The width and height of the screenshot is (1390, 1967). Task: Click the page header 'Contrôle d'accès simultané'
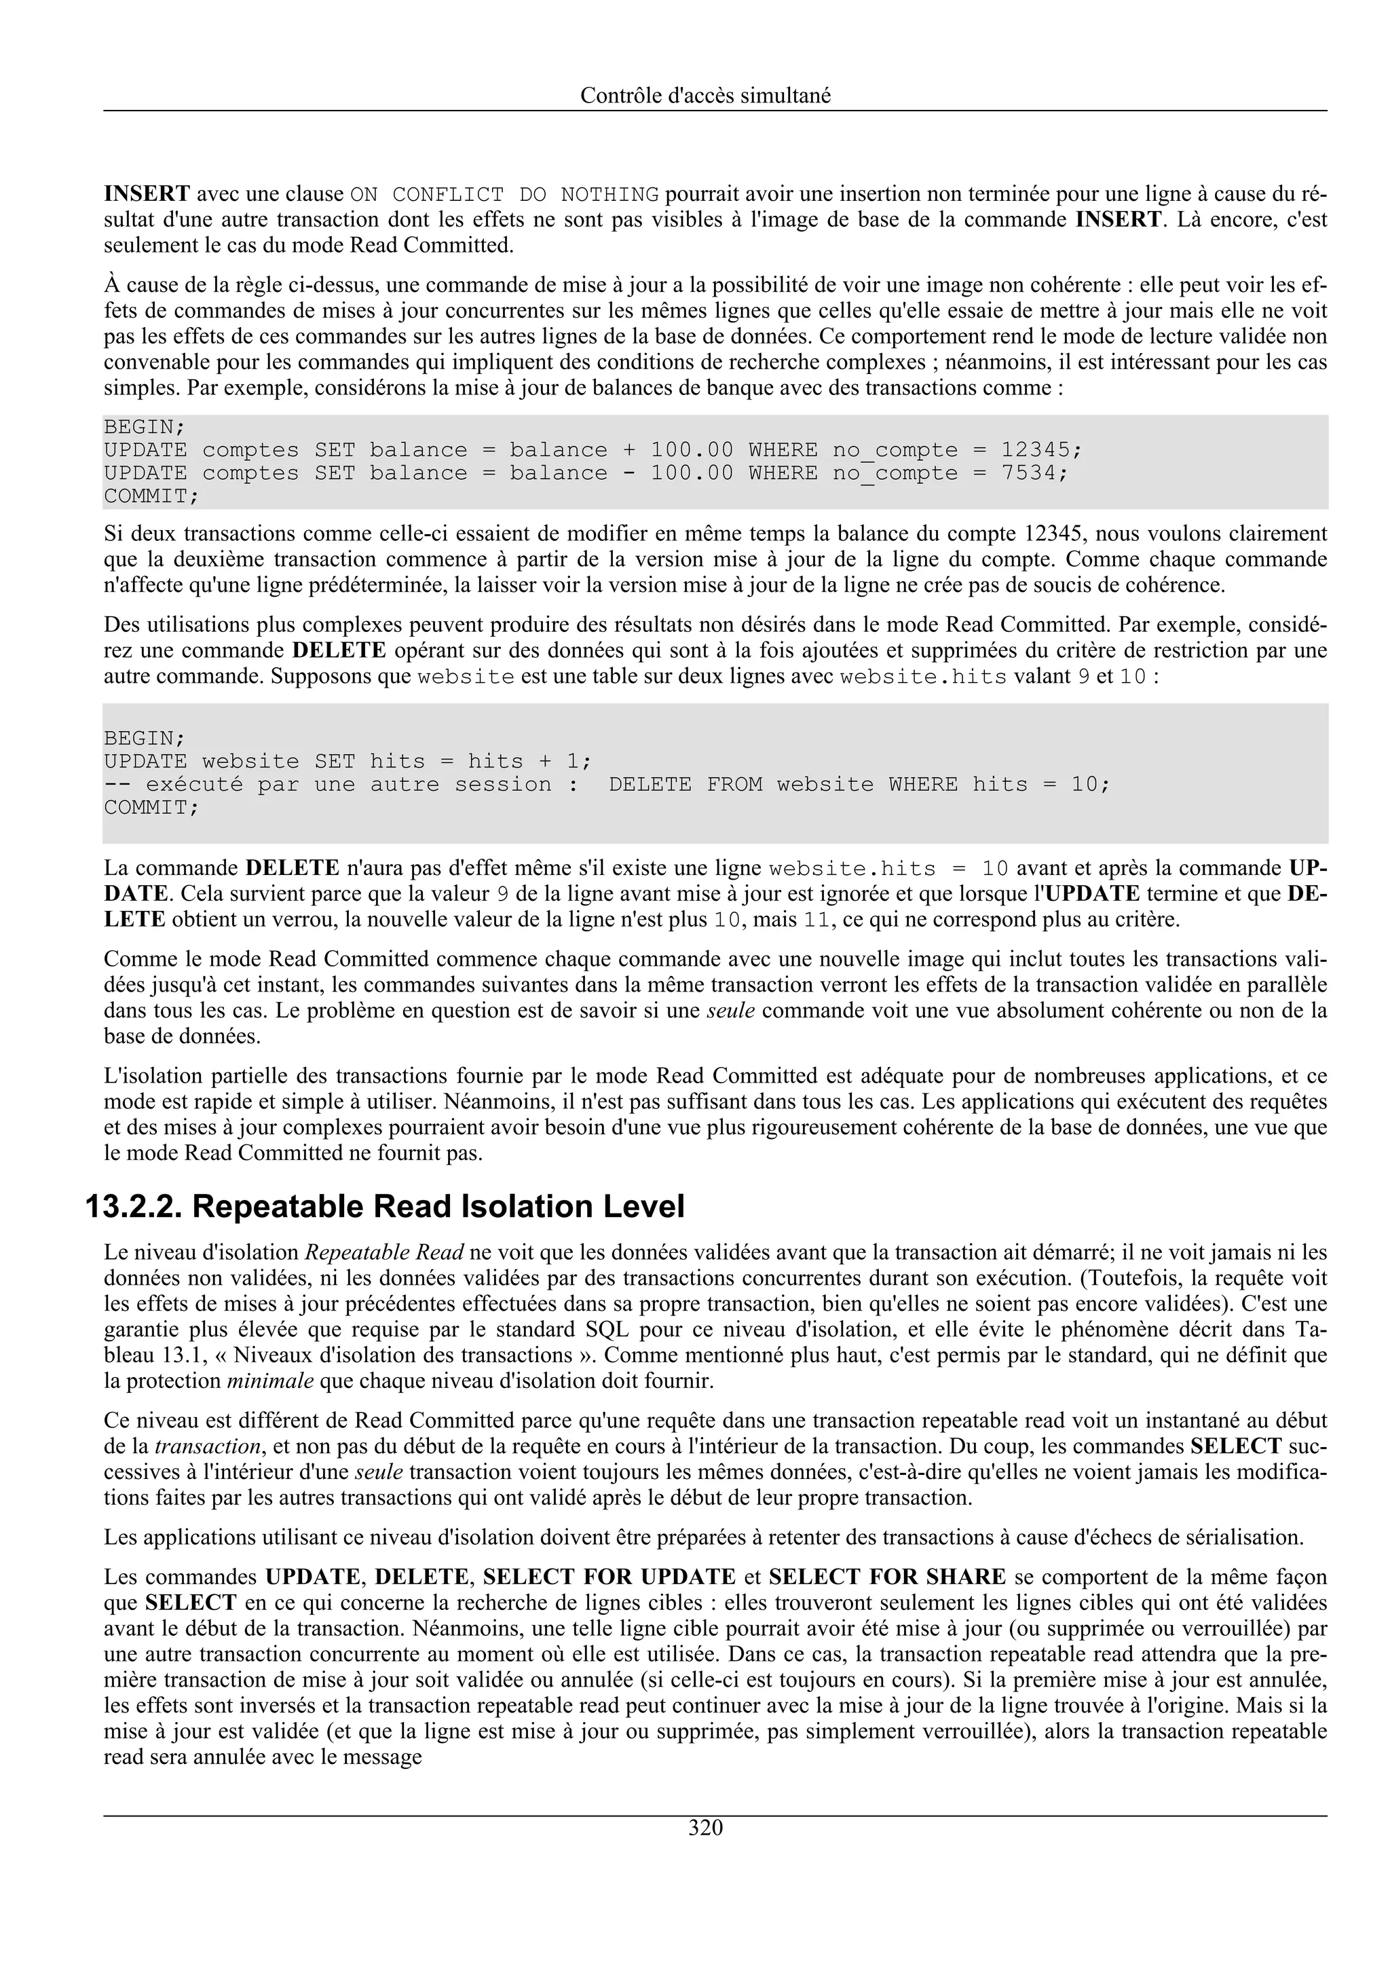705,96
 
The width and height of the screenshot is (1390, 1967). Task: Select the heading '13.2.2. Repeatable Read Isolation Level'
385,1207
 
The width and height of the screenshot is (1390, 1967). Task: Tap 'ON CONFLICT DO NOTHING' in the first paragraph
504,195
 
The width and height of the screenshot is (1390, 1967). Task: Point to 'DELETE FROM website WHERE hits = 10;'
859,785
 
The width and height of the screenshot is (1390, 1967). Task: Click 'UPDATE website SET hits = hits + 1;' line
347,762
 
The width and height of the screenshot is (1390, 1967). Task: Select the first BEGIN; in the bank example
145,427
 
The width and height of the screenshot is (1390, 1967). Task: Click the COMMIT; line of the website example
151,808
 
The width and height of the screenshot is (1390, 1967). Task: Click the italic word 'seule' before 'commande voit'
730,1011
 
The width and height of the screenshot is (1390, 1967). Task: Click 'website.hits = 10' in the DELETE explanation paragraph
888,869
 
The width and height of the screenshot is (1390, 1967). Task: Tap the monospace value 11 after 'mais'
814,921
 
